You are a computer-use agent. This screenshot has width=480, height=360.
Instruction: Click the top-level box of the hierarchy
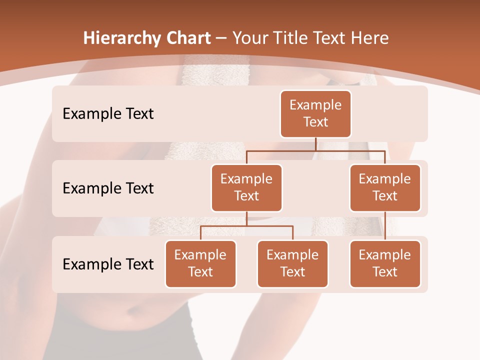[315, 113]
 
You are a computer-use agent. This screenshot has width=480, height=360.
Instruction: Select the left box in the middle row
[246, 187]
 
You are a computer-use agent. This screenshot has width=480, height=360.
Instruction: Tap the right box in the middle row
[385, 187]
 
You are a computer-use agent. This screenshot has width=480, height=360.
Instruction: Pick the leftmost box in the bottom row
[200, 263]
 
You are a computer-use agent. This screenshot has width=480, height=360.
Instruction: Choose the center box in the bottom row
[292, 263]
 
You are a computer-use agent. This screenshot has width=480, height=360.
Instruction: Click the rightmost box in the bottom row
[385, 263]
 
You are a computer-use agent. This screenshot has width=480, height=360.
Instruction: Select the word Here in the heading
[370, 38]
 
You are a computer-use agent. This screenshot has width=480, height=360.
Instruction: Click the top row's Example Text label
[108, 113]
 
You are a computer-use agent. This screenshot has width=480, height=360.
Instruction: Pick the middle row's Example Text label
[108, 188]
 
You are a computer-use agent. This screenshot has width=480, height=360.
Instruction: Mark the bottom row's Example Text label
[108, 264]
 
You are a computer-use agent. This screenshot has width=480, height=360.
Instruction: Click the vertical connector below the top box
[315, 144]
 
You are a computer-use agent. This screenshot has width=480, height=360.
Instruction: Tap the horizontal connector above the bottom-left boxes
[246, 226]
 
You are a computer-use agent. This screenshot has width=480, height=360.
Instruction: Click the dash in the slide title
[221, 38]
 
